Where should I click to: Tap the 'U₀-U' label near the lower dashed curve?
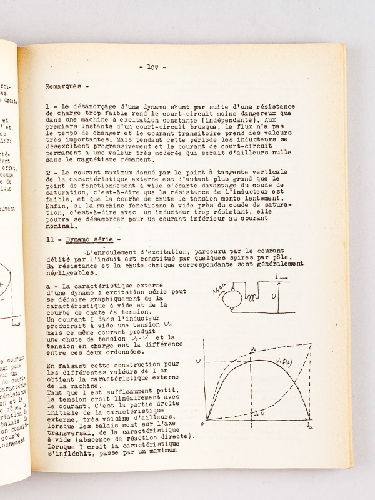pyautogui.click(x=257, y=414)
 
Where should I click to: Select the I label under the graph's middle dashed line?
pyautogui.click(x=251, y=425)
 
